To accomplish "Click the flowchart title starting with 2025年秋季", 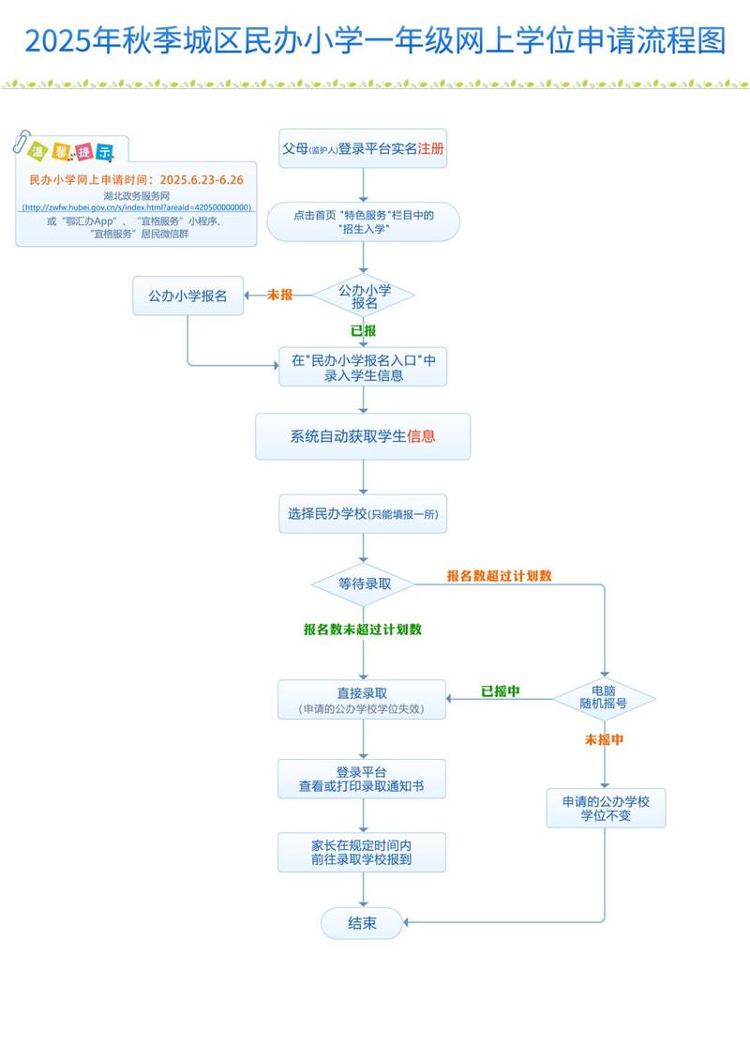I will (375, 40).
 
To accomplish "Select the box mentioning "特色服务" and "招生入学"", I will (363, 222).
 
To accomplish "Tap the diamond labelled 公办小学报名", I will (364, 296).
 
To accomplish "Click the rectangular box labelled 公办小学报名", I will (187, 296).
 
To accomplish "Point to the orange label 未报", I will (279, 295).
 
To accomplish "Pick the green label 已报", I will (363, 330).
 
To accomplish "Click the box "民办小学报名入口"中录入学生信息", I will (363, 368).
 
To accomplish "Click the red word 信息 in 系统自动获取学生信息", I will (421, 436).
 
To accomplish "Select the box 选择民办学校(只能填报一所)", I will (363, 514).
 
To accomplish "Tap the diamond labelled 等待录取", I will (364, 584).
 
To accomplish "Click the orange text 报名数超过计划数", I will (499, 575).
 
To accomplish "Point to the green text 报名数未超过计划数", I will (363, 630).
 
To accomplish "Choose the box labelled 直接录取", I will (362, 701).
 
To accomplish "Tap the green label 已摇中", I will (501, 691).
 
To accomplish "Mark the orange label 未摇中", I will (604, 739).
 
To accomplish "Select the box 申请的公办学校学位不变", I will (606, 808).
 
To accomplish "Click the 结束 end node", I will (362, 923).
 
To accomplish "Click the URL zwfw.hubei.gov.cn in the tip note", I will (136, 207).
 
